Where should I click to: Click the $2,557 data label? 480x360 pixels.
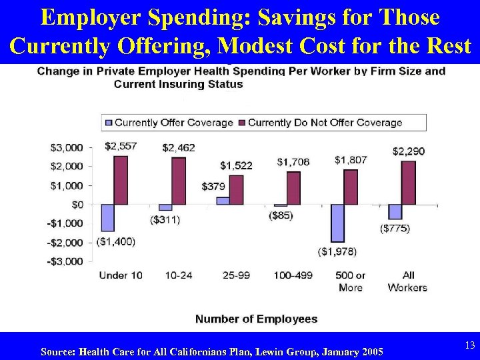pos(121,146)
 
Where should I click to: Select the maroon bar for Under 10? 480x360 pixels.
pos(121,180)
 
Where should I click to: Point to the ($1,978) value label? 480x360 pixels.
pos(337,251)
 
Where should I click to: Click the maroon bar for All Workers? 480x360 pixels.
pos(409,183)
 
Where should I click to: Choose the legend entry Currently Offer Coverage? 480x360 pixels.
pos(168,123)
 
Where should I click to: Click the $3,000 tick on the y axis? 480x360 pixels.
pos(67,147)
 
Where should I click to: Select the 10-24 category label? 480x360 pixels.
pos(178,275)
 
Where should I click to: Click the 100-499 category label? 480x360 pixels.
pos(293,275)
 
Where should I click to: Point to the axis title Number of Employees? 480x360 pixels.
pos(256,319)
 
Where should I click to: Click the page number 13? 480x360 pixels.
pos(469,345)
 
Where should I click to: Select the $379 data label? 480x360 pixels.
pos(213,187)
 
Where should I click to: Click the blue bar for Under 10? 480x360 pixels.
pos(107,217)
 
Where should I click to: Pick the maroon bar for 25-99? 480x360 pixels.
pos(236,189)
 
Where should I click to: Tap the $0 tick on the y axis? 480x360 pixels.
pos(77,204)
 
